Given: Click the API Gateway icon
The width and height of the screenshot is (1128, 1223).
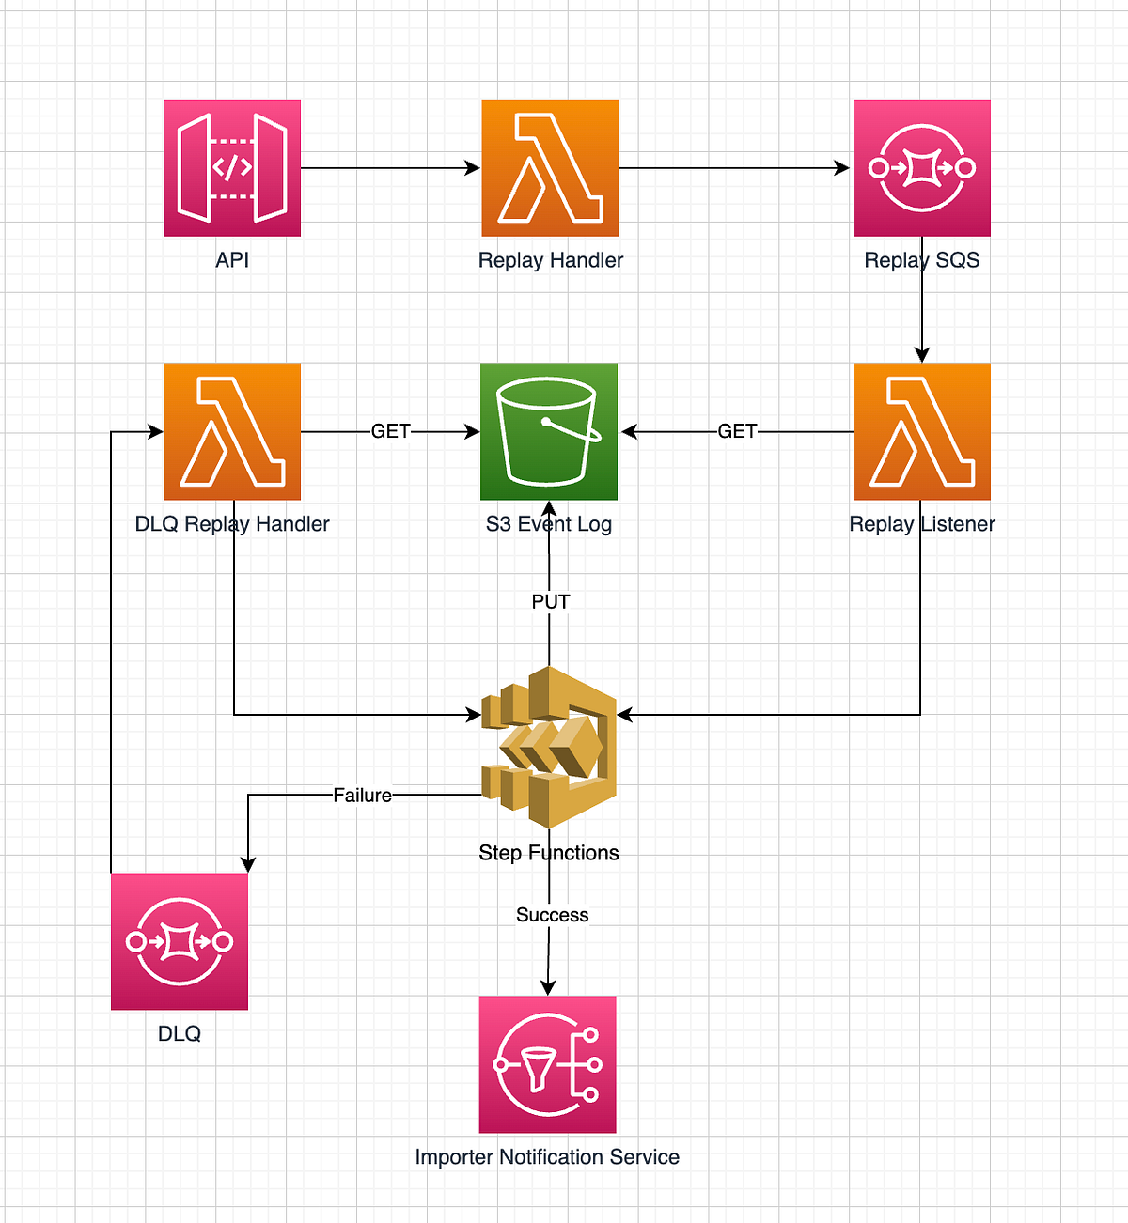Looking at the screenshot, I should (x=232, y=168).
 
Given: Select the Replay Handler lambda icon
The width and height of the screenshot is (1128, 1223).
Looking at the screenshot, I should (x=550, y=168).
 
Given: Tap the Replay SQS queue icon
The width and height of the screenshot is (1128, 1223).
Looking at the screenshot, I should (x=921, y=168).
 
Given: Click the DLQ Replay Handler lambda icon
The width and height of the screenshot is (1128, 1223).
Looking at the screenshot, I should (x=232, y=431).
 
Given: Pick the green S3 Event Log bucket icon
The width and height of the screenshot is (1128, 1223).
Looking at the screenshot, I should (x=549, y=431).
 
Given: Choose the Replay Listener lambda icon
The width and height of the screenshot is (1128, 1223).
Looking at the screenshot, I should (x=921, y=431).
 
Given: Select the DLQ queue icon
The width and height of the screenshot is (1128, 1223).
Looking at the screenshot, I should (x=180, y=941).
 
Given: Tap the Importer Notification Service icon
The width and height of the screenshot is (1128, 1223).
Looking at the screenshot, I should (x=548, y=1064).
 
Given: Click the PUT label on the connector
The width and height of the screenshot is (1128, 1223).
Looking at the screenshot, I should (x=550, y=602).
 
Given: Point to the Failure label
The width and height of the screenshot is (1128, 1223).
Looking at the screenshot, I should (x=362, y=796).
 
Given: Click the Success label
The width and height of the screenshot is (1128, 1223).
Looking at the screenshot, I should (x=552, y=915).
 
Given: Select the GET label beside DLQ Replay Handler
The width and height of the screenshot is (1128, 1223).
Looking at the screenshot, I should (x=390, y=431).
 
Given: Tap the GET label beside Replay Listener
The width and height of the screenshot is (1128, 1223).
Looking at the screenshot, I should (x=737, y=431).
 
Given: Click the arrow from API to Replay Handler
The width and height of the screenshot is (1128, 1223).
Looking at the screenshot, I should (x=390, y=168).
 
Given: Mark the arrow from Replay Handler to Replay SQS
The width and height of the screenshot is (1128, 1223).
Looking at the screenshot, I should (x=733, y=168).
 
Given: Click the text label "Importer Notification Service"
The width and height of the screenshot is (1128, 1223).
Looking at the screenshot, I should (x=547, y=1157).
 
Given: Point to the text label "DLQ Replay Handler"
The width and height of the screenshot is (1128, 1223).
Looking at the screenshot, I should (x=232, y=524).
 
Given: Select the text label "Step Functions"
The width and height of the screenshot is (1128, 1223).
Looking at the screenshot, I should (x=549, y=853).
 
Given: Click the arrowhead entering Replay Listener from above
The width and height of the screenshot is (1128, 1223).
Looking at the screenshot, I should (x=921, y=353).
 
